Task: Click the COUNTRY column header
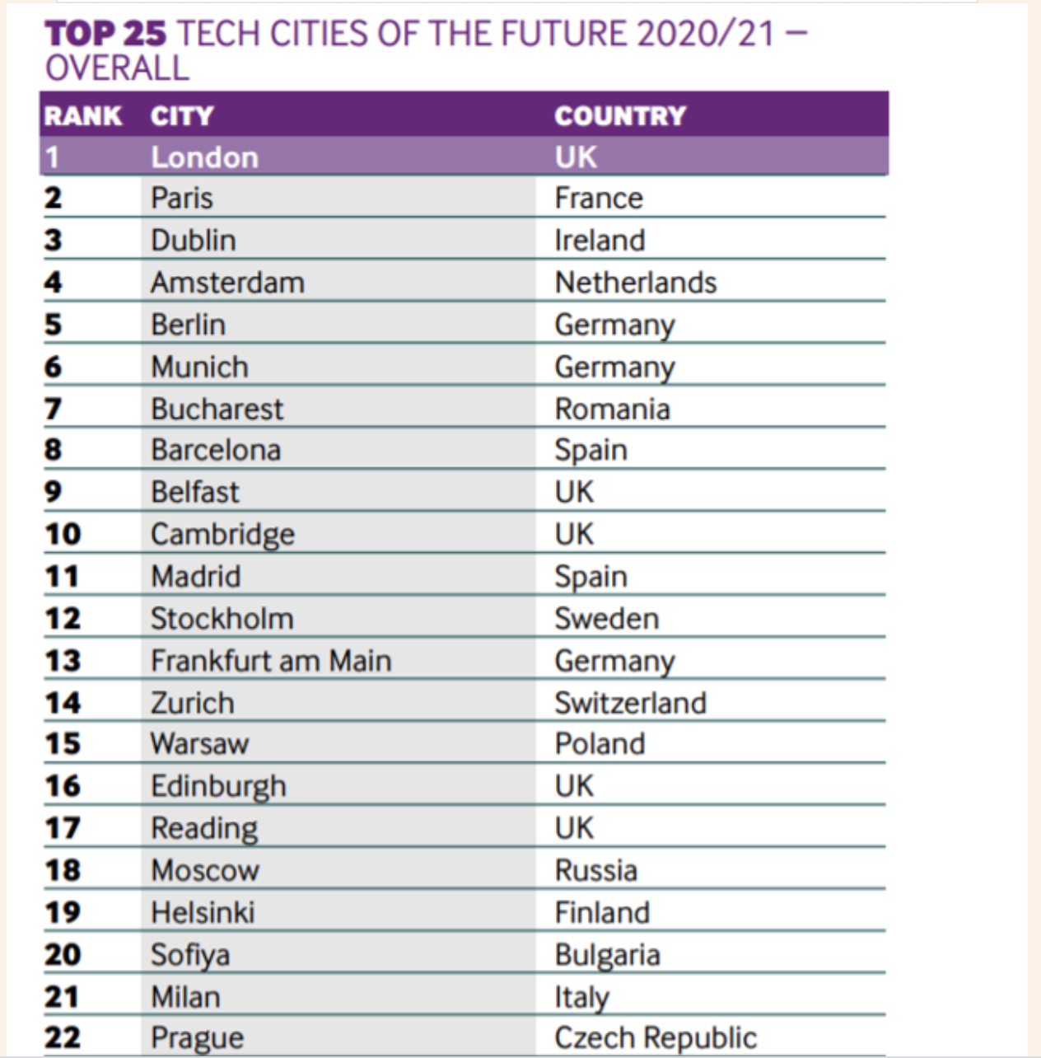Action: click(x=619, y=115)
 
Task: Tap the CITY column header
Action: click(x=182, y=115)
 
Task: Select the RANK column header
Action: click(x=83, y=115)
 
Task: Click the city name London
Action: click(x=204, y=157)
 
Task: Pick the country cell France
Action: click(x=599, y=198)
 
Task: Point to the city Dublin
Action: click(x=194, y=240)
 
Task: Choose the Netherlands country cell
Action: click(x=636, y=283)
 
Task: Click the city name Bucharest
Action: click(x=217, y=409)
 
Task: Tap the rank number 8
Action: click(x=54, y=450)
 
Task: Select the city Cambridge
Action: click(x=222, y=534)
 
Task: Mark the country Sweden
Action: click(x=607, y=618)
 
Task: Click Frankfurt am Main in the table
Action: click(x=271, y=660)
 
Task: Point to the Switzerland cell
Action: click(x=631, y=703)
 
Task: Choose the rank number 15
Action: click(x=63, y=744)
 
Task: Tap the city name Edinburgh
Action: click(x=218, y=786)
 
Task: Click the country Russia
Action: click(x=596, y=870)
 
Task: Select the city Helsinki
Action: click(x=203, y=912)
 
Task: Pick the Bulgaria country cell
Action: click(x=608, y=954)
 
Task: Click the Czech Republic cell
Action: click(x=656, y=1037)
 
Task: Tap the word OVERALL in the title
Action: click(x=117, y=68)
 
